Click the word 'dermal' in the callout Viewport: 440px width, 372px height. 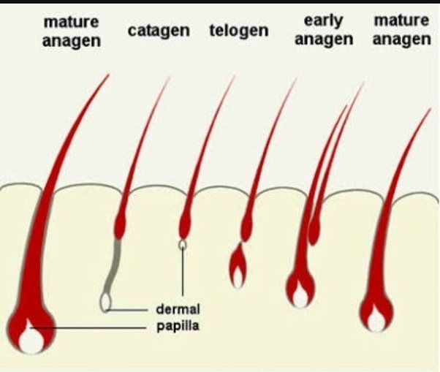(x=178, y=309)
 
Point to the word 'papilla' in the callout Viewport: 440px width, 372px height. (x=178, y=325)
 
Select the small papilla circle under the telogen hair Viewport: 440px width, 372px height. (x=182, y=245)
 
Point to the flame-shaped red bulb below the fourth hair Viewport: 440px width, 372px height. (x=238, y=267)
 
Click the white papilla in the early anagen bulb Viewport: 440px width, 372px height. (x=300, y=295)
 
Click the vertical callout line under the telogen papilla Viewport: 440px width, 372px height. (x=182, y=270)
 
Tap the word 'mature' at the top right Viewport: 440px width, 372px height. (x=401, y=21)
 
